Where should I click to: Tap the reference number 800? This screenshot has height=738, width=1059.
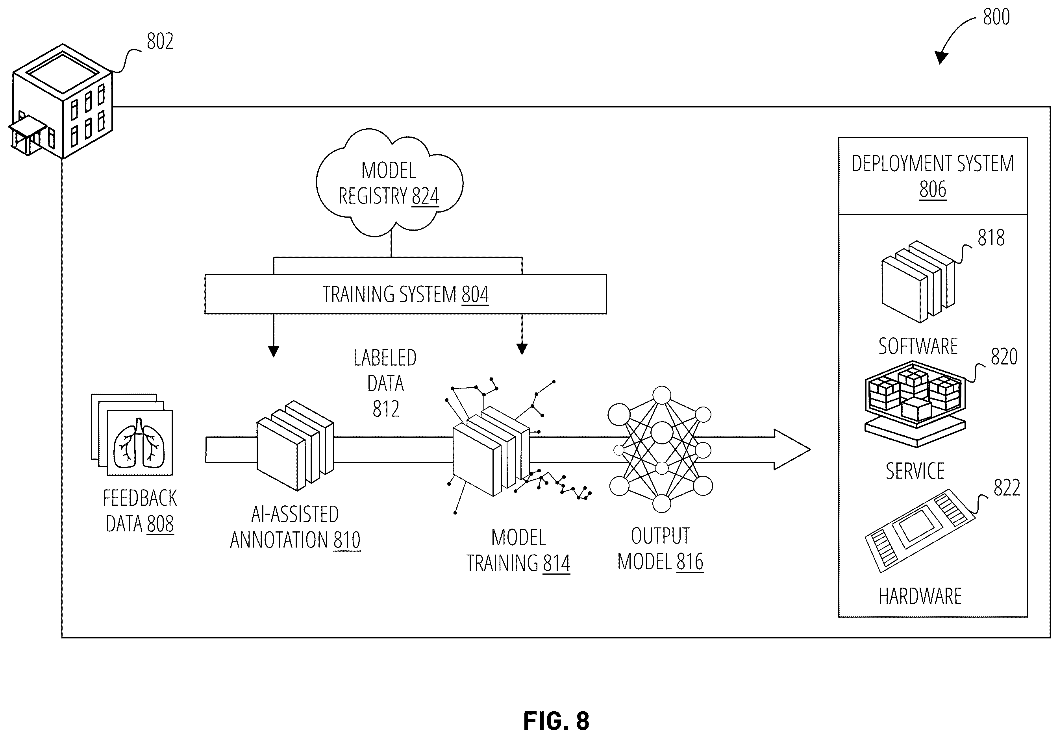coord(996,17)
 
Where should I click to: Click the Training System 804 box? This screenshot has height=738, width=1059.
coord(405,294)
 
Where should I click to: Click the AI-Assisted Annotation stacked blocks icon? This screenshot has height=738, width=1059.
coord(295,445)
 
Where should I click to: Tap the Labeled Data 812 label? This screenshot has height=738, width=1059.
coord(385,383)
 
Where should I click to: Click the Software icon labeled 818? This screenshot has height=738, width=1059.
coord(918,281)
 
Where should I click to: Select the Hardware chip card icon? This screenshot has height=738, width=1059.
coord(920,531)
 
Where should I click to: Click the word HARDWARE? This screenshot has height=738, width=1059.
coord(920,596)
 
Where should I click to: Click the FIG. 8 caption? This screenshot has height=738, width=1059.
coord(556,721)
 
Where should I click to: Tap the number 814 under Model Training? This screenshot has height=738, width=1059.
coord(556,563)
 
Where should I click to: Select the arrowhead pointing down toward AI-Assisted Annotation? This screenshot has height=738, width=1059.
coord(274,351)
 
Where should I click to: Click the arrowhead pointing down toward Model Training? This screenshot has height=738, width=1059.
coord(522,350)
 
